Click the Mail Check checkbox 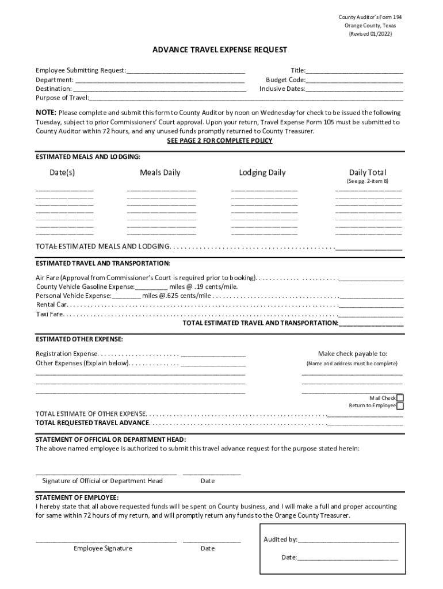click(x=400, y=398)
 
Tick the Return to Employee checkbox click(x=400, y=406)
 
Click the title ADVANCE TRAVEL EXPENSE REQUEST click(x=220, y=50)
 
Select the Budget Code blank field click(x=354, y=81)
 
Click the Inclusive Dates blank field click(x=354, y=89)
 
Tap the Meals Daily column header click(x=160, y=173)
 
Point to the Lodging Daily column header click(x=262, y=173)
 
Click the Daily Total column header click(x=368, y=173)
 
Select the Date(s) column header click(x=62, y=173)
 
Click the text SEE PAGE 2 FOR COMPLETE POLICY click(x=220, y=141)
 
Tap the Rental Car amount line click(x=372, y=305)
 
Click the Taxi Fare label click(x=49, y=314)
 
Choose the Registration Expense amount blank click(x=213, y=354)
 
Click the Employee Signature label click(x=103, y=548)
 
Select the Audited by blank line click(x=348, y=540)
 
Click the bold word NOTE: click(x=46, y=113)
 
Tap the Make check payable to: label click(x=353, y=354)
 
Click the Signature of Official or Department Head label click(x=102, y=481)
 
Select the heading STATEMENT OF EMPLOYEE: click(x=77, y=497)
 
